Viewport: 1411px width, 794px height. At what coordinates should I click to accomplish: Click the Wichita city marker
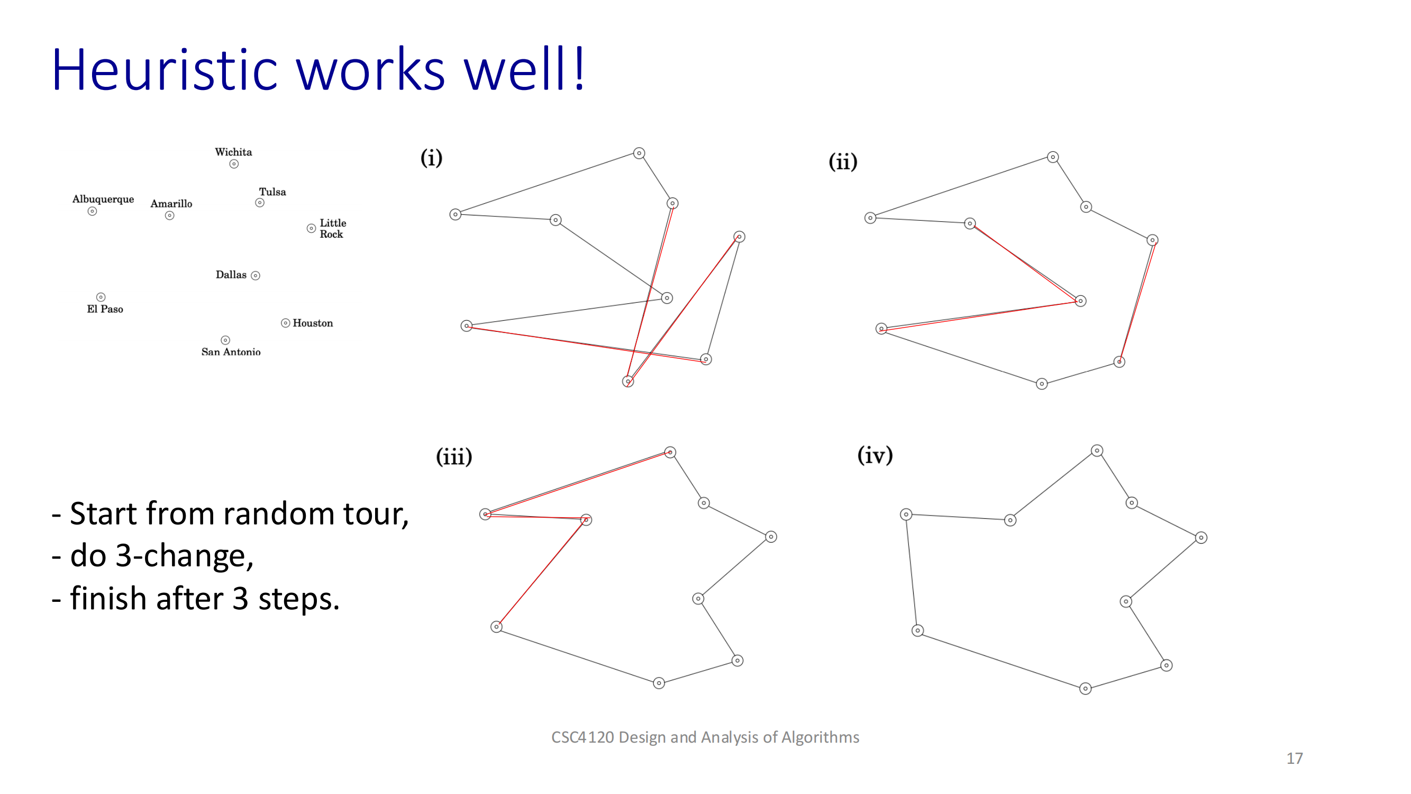[x=234, y=164]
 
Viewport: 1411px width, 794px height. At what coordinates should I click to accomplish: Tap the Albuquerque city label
[x=103, y=199]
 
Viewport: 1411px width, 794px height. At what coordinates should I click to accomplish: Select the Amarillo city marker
[x=170, y=215]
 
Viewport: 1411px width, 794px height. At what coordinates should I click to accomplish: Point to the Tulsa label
[x=272, y=192]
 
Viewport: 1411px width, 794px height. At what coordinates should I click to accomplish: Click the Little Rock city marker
[x=311, y=229]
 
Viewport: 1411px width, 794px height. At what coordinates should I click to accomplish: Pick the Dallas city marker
[x=255, y=276]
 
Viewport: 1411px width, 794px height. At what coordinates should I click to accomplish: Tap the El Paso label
[x=105, y=309]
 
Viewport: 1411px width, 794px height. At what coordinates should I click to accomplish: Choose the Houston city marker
[x=285, y=323]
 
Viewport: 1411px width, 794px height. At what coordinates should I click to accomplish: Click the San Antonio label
[x=231, y=352]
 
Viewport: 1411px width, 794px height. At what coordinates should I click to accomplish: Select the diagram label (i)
[x=431, y=158]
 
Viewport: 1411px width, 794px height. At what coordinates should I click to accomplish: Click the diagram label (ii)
[x=842, y=161]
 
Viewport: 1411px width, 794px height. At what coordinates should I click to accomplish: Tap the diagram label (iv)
[x=875, y=455]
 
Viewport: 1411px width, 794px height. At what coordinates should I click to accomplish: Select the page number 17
[x=1294, y=758]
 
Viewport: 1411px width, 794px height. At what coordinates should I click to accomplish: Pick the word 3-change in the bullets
[x=184, y=556]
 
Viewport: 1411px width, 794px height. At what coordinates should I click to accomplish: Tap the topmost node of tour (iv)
[x=1097, y=450]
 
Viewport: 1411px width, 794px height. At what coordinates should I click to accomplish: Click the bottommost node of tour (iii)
[x=659, y=683]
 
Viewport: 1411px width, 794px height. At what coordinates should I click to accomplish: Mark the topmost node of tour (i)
[x=639, y=154]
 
